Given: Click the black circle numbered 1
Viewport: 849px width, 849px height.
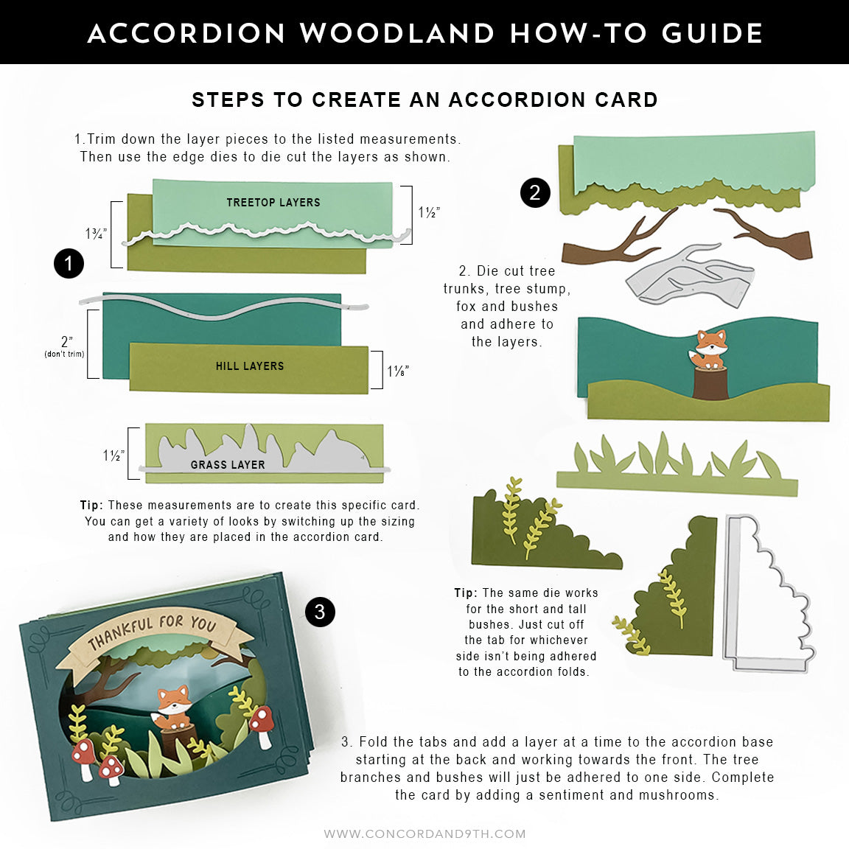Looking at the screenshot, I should [69, 263].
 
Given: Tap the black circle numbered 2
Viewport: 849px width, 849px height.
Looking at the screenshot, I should [535, 192].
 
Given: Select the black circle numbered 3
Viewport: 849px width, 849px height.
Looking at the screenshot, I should [320, 612].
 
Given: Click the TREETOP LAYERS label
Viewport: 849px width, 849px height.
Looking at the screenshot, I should [273, 202].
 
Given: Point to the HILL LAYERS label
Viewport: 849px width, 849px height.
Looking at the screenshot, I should [250, 366].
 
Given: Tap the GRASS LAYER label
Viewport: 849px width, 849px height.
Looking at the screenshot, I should [228, 464].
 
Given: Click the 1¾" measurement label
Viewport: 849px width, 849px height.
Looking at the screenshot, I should [97, 234].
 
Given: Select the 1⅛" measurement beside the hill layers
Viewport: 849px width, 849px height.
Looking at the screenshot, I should [398, 371].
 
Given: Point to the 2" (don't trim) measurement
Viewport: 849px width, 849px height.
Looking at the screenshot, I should [66, 346].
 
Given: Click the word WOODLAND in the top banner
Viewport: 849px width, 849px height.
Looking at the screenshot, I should [396, 33].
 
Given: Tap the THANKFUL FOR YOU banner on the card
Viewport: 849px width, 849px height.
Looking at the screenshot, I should [152, 632].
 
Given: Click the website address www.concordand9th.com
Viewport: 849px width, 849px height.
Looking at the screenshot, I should [424, 834].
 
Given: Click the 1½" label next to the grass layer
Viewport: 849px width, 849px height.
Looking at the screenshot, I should [113, 455].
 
